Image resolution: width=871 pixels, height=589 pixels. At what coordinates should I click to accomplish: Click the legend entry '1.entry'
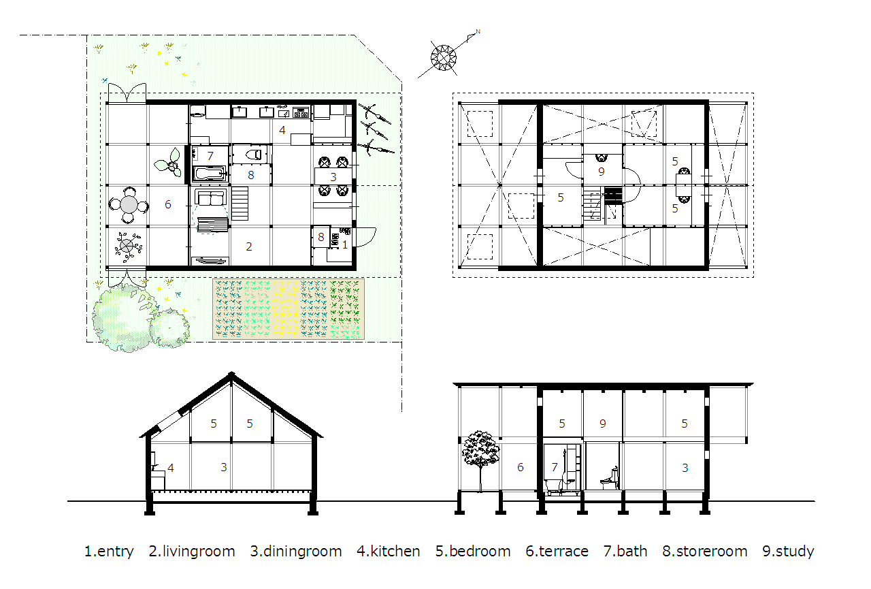coord(109,552)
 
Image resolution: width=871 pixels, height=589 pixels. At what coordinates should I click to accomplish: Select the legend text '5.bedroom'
coord(473,552)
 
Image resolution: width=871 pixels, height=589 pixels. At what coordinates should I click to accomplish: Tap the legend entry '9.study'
coord(788,552)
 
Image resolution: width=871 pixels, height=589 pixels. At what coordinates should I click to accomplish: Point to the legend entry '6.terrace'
coord(557,552)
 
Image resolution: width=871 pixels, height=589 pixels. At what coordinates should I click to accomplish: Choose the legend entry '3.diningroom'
coord(296,552)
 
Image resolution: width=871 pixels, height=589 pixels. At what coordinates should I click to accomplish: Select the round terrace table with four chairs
coord(128,204)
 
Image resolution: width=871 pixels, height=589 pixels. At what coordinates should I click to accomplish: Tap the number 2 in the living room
coord(249,246)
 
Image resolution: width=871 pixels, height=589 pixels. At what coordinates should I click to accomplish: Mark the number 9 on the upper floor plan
coord(601,172)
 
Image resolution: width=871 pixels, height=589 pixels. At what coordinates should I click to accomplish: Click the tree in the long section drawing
coord(480,450)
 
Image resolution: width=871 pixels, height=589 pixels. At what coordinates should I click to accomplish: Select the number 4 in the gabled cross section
coord(171,468)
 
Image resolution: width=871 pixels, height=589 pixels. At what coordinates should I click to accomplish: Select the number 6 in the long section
coord(521,467)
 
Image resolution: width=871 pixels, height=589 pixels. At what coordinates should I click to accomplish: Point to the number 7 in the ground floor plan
coord(210,156)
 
